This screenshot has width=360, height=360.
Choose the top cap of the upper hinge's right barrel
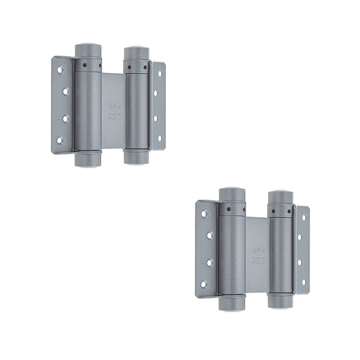point(136,50)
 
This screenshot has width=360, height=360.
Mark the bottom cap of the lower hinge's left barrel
point(231,306)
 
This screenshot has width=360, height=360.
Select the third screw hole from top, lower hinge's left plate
point(209,262)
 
